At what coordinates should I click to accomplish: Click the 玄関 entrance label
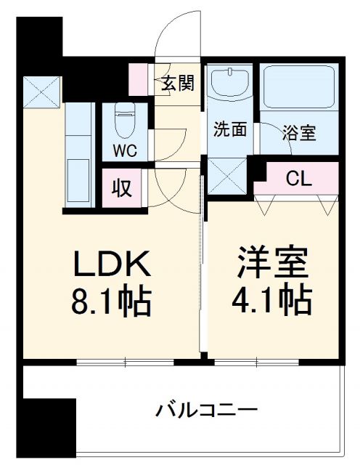[177, 83]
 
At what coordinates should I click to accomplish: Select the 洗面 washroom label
[229, 131]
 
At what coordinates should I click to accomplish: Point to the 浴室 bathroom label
[299, 134]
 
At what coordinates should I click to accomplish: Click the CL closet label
[298, 178]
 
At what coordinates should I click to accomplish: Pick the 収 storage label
[121, 188]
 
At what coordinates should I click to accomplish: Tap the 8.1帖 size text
[110, 301]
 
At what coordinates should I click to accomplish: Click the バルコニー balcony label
[207, 411]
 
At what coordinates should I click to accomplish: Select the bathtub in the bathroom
[299, 89]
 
